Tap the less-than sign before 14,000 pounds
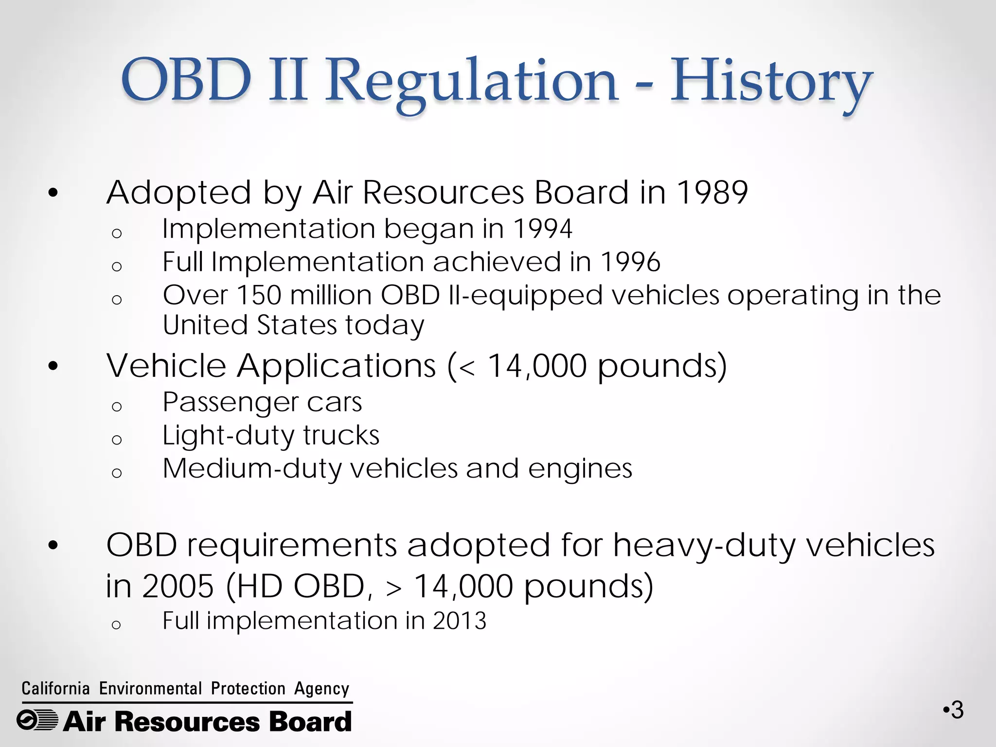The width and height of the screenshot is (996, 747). (466, 367)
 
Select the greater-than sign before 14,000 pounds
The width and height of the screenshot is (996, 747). (393, 587)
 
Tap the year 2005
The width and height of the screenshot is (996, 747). (178, 586)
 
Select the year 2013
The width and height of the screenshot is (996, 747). (460, 621)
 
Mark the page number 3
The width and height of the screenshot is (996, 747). (957, 710)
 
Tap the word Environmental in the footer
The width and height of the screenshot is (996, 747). (150, 689)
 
